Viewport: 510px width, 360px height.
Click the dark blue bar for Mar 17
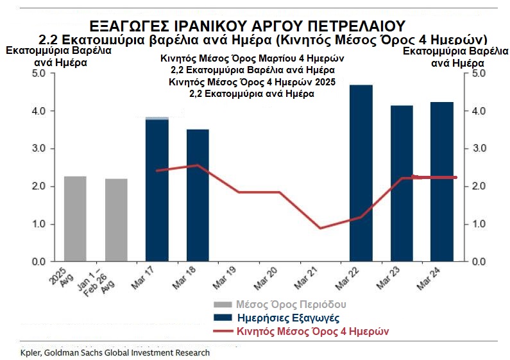[x=157, y=190]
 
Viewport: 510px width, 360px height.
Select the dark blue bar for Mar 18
[x=198, y=196]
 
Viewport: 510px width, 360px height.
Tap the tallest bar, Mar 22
[x=361, y=173]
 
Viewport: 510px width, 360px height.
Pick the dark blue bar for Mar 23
[x=402, y=184]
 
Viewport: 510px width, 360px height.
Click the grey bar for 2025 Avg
[x=75, y=219]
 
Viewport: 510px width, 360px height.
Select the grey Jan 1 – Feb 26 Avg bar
[x=116, y=220]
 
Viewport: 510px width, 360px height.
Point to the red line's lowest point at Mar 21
[x=320, y=228]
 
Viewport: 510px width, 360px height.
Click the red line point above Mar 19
[x=239, y=192]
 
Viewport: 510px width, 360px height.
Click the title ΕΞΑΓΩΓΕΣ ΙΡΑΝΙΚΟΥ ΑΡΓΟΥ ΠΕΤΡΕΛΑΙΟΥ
[x=247, y=26]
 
